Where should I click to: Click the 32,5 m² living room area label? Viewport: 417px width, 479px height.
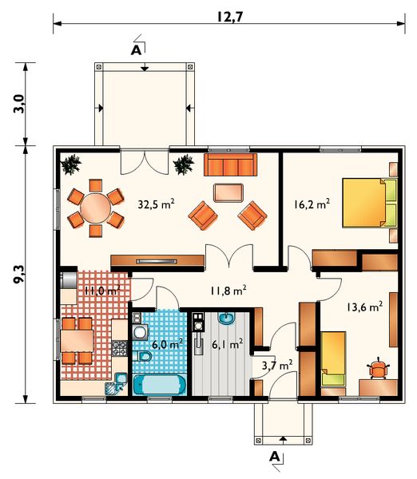pos(157,204)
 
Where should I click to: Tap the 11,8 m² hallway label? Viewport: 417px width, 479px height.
pos(228,291)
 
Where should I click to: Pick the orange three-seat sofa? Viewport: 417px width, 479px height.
pos(230,165)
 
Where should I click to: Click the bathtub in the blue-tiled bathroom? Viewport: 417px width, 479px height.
pos(160,385)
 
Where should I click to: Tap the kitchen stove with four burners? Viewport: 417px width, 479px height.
pos(119,348)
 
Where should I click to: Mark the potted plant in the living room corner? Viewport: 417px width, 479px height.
pos(72,164)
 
